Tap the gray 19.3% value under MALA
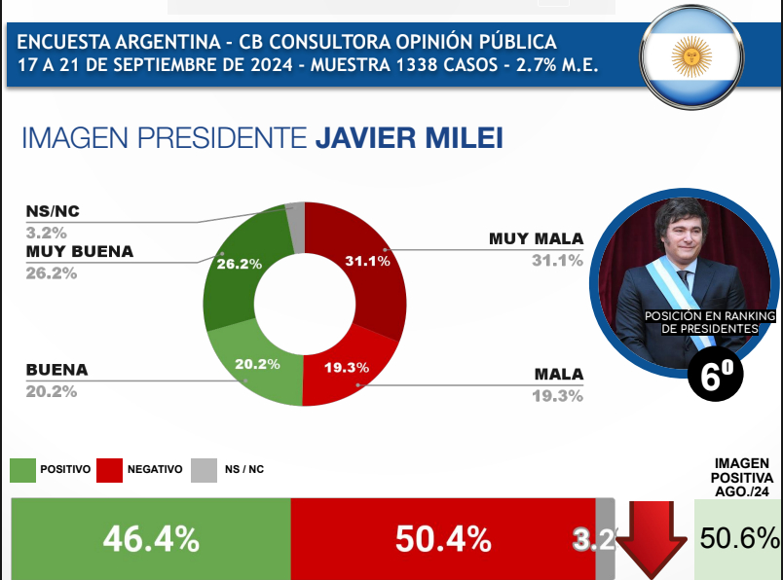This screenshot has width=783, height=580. tap(558, 395)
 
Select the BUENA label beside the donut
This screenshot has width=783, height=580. tap(57, 370)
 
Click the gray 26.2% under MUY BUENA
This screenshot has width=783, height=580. tap(52, 272)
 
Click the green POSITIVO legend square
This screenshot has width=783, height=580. tap(22, 470)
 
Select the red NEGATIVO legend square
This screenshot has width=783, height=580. tap(110, 470)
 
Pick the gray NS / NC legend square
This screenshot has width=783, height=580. tap(203, 470)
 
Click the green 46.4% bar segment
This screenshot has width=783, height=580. tap(151, 538)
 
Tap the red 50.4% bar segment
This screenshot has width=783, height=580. tap(442, 538)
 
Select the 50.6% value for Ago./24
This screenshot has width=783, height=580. tap(739, 538)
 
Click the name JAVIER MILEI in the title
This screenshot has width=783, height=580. tap(409, 137)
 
